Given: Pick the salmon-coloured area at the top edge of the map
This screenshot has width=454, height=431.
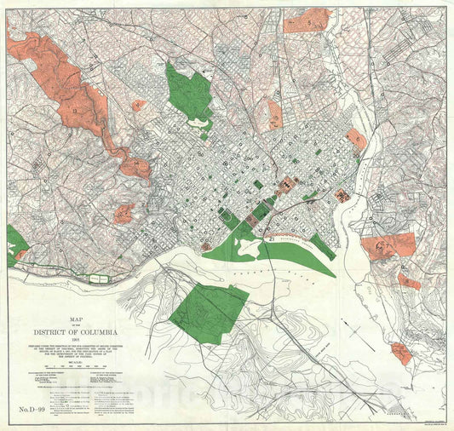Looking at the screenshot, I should (x=306, y=20).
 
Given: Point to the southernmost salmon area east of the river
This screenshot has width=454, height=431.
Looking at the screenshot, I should (x=400, y=353).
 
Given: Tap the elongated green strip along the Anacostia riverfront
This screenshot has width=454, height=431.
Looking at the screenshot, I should (x=322, y=247).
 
